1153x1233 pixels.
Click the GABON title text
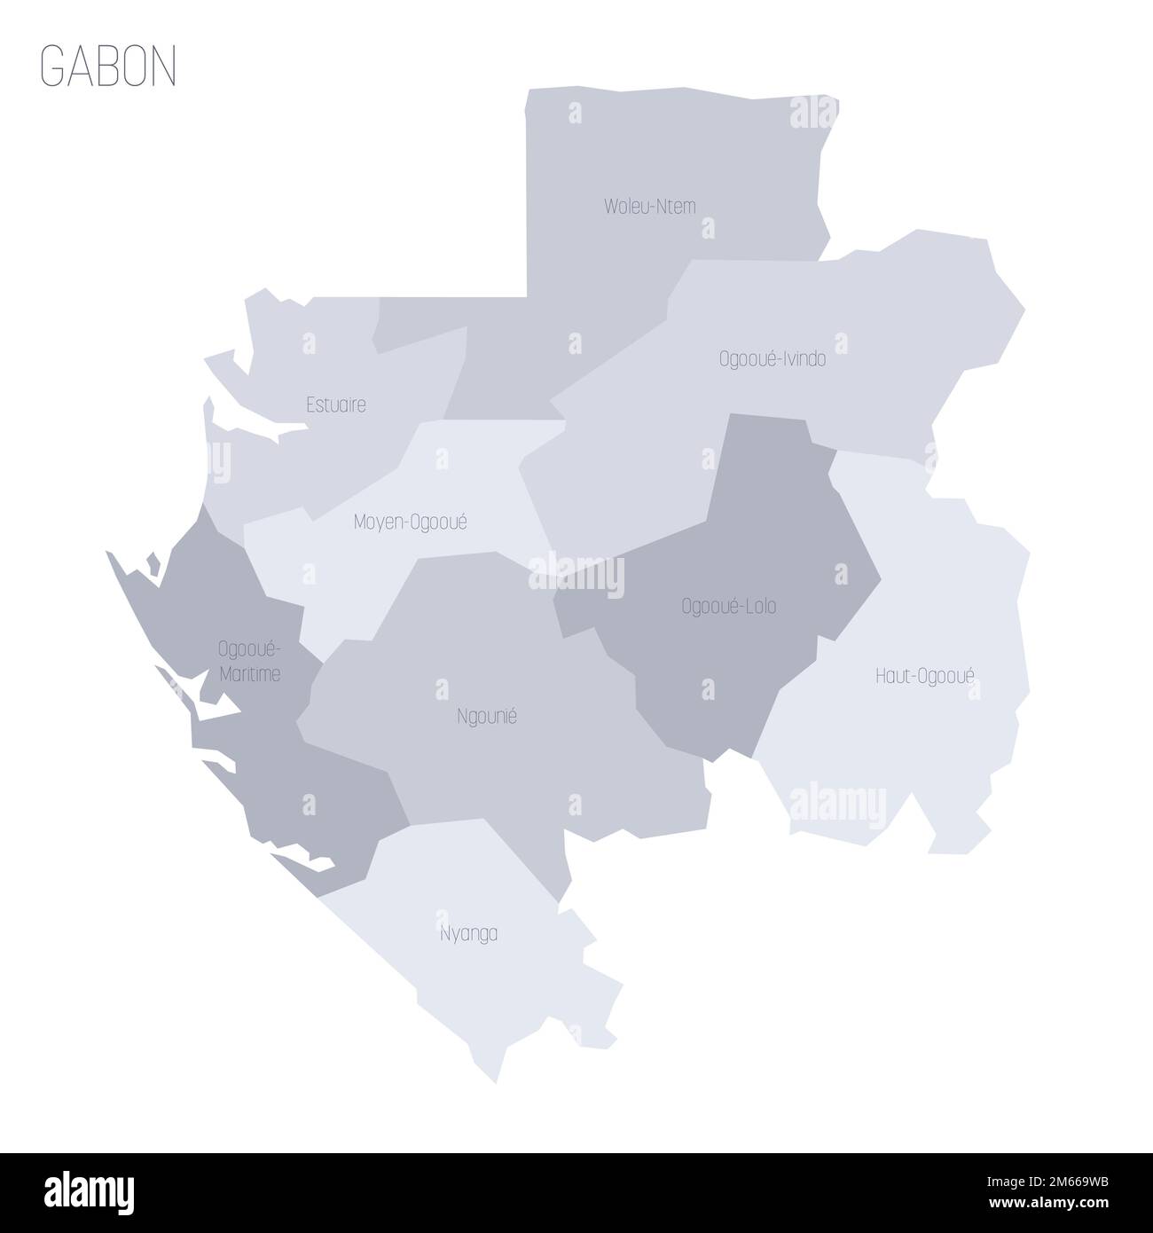pyautogui.click(x=108, y=66)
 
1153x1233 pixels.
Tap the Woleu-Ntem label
pyautogui.click(x=650, y=207)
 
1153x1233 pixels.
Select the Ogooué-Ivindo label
pyautogui.click(x=772, y=359)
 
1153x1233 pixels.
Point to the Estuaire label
pyautogui.click(x=335, y=405)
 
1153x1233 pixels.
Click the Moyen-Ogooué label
pyautogui.click(x=410, y=522)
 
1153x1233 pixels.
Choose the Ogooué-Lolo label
pyautogui.click(x=729, y=607)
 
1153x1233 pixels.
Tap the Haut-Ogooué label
pyautogui.click(x=925, y=676)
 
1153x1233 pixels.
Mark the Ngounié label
pyautogui.click(x=485, y=717)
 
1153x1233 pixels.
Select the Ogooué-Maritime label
pyautogui.click(x=249, y=662)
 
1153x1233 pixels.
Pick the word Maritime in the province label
pyautogui.click(x=249, y=674)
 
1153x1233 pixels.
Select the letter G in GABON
pyautogui.click(x=51, y=66)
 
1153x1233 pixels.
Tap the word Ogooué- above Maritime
pyautogui.click(x=249, y=649)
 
